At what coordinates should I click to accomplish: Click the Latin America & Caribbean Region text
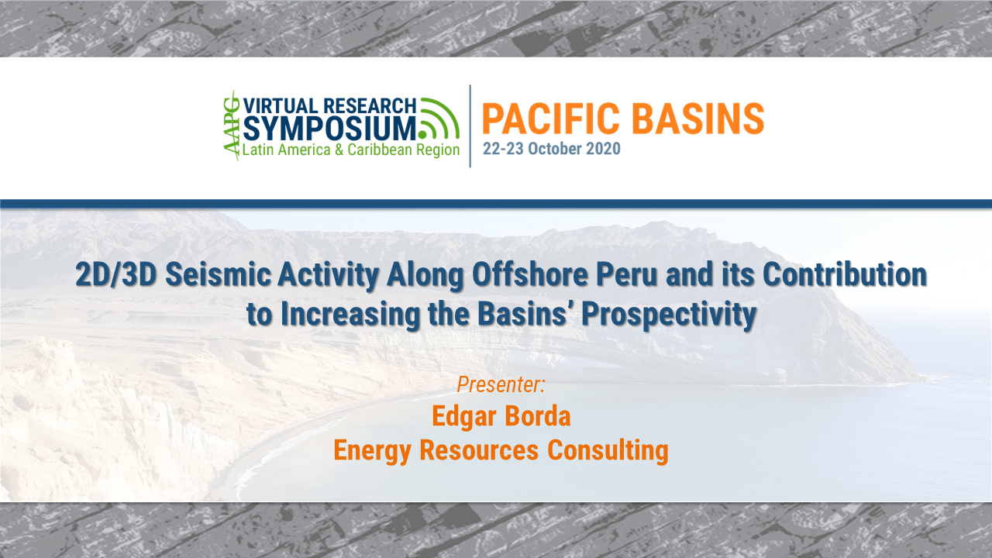[x=351, y=150]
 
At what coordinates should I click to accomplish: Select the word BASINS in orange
[x=703, y=119]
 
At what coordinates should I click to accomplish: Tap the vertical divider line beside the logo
[x=470, y=126]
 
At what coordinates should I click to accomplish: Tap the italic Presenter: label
[x=501, y=384]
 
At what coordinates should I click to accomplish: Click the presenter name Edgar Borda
[x=501, y=416]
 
